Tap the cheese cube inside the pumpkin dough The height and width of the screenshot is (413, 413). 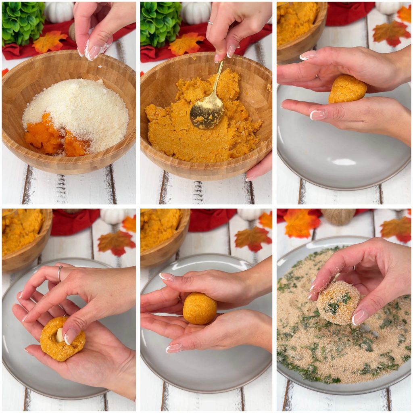click(60, 335)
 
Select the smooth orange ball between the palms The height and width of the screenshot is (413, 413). click(199, 309)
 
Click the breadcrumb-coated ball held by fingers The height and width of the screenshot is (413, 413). click(338, 303)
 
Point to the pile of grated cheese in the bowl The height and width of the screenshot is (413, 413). click(81, 109)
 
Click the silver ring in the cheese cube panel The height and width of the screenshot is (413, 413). click(60, 273)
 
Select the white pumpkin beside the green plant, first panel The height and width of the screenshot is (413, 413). click(59, 11)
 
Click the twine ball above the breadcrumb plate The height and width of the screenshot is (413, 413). click(339, 217)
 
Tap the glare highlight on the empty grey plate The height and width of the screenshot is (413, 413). click(344, 162)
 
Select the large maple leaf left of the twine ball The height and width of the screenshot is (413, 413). click(301, 223)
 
